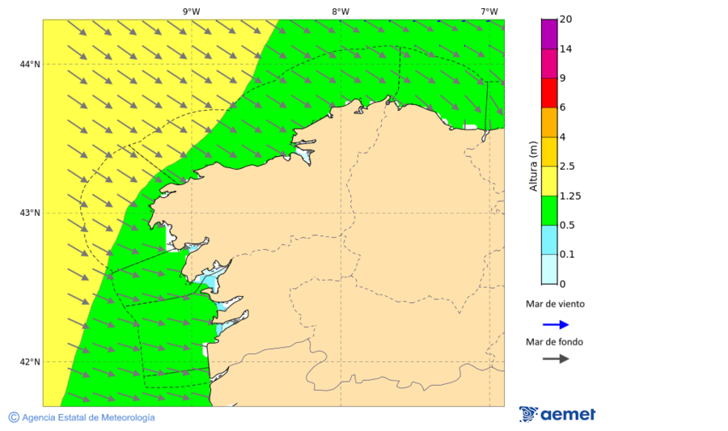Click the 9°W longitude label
click(x=192, y=11)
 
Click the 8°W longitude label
click(x=341, y=11)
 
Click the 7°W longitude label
click(x=489, y=11)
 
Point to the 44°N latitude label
click(x=29, y=64)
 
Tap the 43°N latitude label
click(x=29, y=213)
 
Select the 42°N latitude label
click(x=29, y=361)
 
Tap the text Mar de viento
click(x=555, y=305)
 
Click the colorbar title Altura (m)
click(x=533, y=166)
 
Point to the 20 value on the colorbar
click(x=565, y=19)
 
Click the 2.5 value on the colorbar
click(x=568, y=167)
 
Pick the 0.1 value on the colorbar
click(x=568, y=255)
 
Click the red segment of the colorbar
click(x=549, y=92)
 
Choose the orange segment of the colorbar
click(x=549, y=122)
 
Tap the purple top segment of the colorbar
click(x=549, y=33)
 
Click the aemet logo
click(x=557, y=414)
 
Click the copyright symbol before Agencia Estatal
click(x=14, y=417)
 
